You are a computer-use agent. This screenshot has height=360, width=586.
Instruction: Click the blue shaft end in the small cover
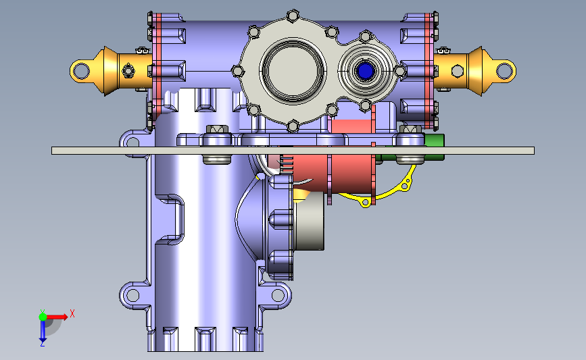pos(365,70)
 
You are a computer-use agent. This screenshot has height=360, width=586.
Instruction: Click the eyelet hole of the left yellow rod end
pos(81,70)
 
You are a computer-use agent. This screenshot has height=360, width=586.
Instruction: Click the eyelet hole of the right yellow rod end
pos(504,70)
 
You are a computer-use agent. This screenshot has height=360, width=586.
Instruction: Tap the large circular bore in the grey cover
pos(293,70)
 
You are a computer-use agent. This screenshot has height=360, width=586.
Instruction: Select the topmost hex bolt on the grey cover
pos(293,16)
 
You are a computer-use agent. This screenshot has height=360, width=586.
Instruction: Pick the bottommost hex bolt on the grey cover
pos(293,126)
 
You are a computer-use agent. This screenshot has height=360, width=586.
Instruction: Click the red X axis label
pos(72,313)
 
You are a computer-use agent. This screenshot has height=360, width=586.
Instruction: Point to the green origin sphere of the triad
pos(43,317)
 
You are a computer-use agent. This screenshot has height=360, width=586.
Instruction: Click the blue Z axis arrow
pos(43,331)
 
